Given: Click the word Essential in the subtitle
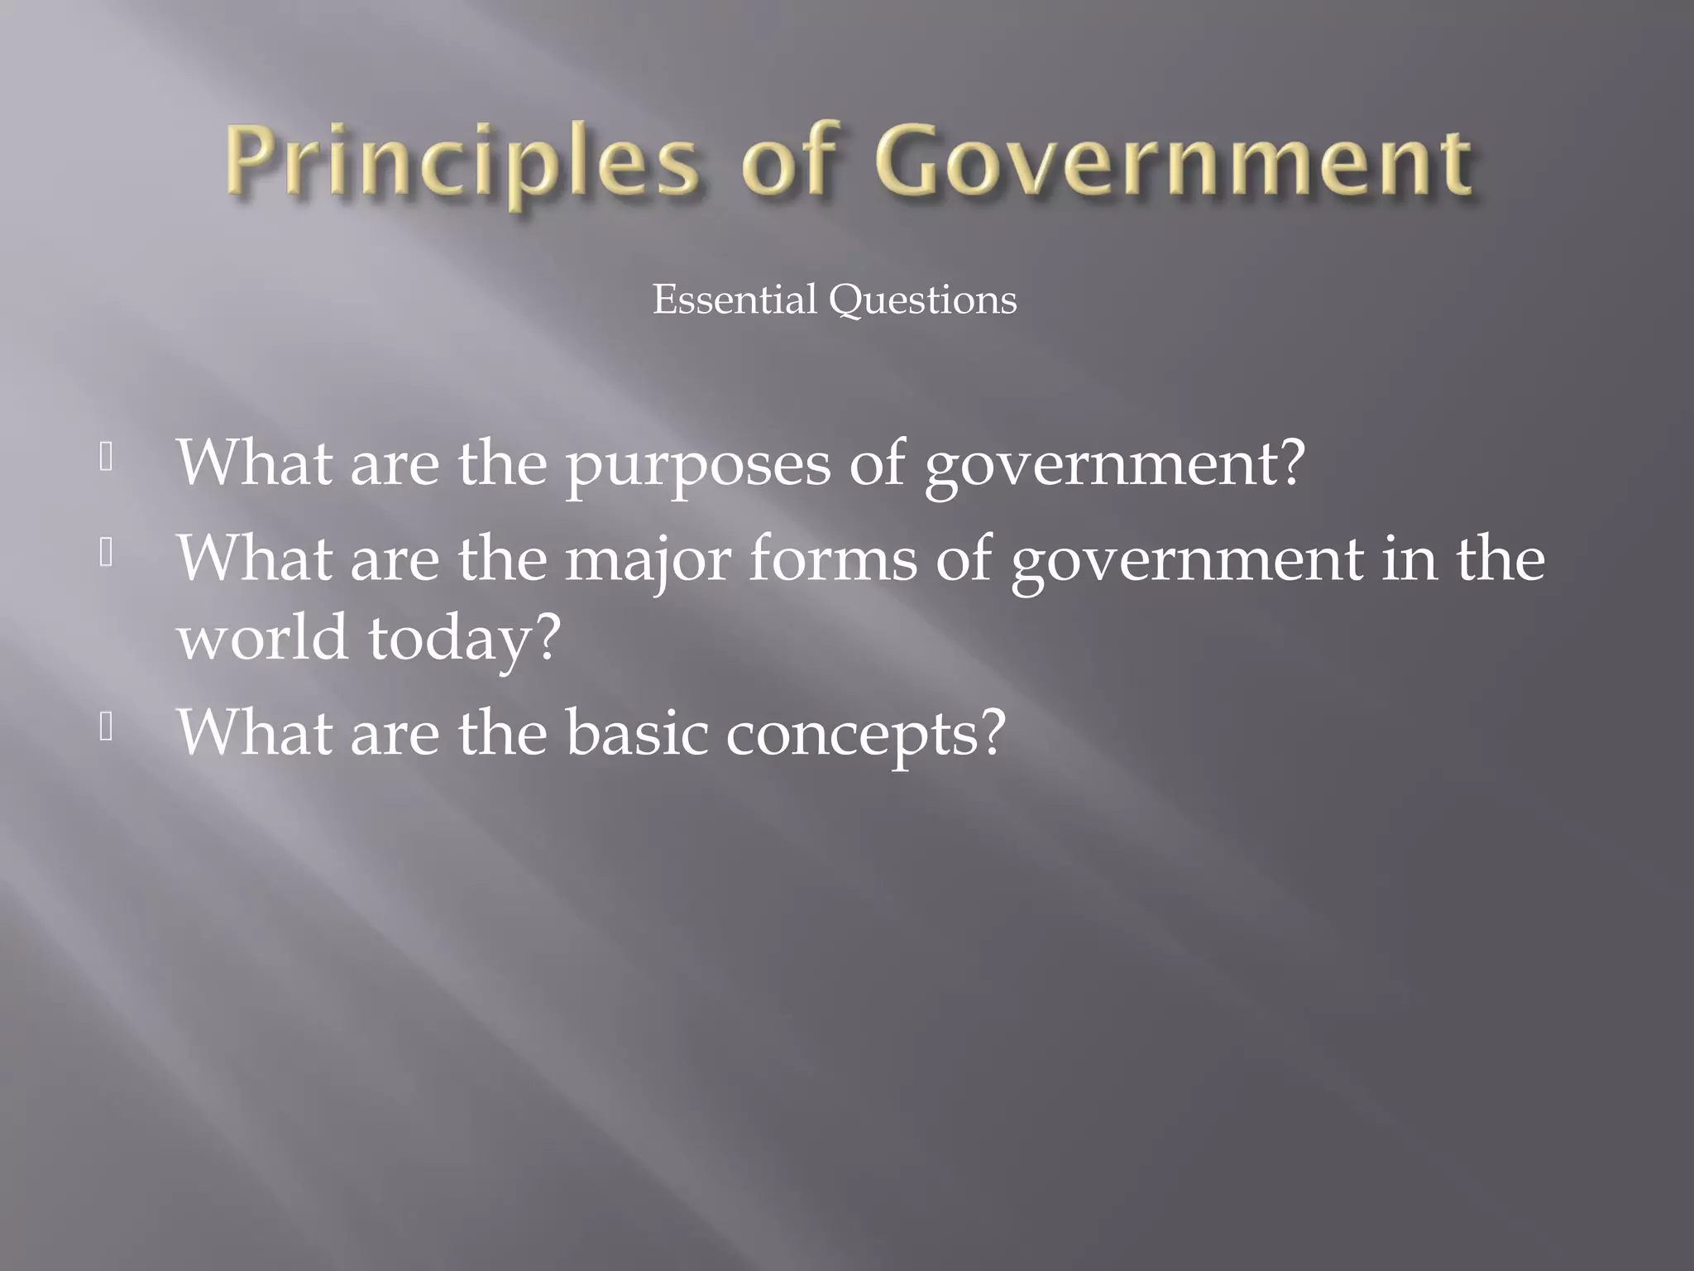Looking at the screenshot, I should coord(734,300).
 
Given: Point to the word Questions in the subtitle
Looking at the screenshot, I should coord(923,300).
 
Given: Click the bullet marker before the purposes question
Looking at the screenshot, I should coord(106,458).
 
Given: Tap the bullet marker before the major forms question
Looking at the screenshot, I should coord(106,553).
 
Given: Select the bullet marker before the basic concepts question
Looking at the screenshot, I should coord(106,727).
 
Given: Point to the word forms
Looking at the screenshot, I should coord(833,559).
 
